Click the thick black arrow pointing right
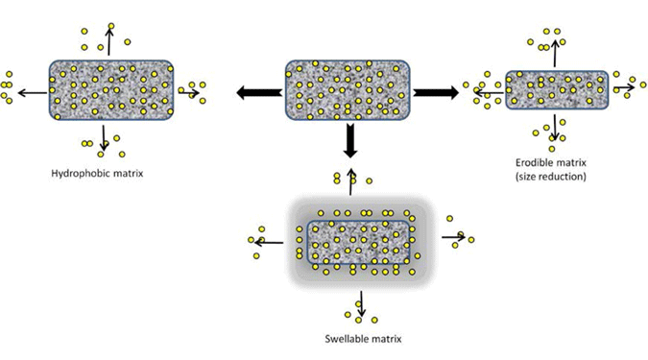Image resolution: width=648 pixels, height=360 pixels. [437, 92]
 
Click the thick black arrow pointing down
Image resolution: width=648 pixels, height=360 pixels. [349, 141]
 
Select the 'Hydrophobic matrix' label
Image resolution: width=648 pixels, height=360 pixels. [101, 174]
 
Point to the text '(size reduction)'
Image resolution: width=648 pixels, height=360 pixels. [550, 177]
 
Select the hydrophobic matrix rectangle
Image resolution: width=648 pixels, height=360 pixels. [111, 90]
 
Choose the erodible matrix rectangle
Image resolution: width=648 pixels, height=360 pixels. [557, 89]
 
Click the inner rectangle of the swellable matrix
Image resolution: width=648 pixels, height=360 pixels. [357, 242]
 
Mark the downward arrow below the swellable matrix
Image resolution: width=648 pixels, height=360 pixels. [360, 301]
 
